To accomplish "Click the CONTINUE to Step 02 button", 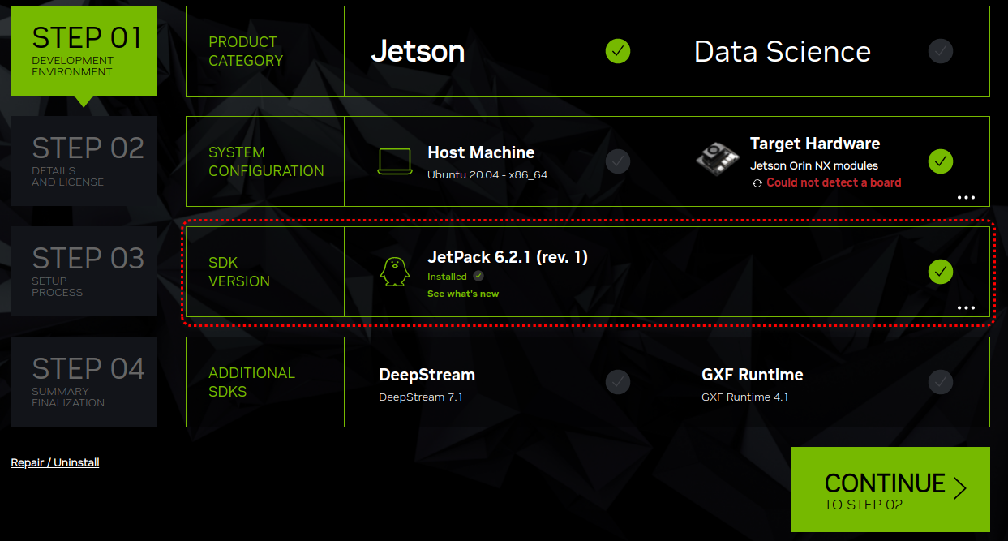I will (890, 489).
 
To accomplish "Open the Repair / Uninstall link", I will (55, 462).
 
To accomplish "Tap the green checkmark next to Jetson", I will (618, 51).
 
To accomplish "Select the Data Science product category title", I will (783, 52).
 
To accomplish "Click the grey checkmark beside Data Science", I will (941, 51).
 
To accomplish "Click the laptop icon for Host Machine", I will (395, 161).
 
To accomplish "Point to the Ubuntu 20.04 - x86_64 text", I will (487, 174).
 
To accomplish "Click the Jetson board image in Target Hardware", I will (718, 157).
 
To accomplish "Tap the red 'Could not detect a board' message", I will (834, 182).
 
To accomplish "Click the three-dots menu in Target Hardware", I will (966, 197).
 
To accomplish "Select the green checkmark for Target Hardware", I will (941, 161).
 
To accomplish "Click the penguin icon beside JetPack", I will (395, 272).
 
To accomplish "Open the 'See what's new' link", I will (463, 294).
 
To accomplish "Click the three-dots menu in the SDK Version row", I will (966, 307).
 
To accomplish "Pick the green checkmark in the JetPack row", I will (941, 271).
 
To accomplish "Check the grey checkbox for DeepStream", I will (618, 381).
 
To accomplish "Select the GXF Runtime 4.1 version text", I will (744, 397).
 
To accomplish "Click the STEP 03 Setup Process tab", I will (84, 271).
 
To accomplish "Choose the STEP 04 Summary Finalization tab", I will (84, 381).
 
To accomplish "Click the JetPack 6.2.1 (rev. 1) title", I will (508, 257).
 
